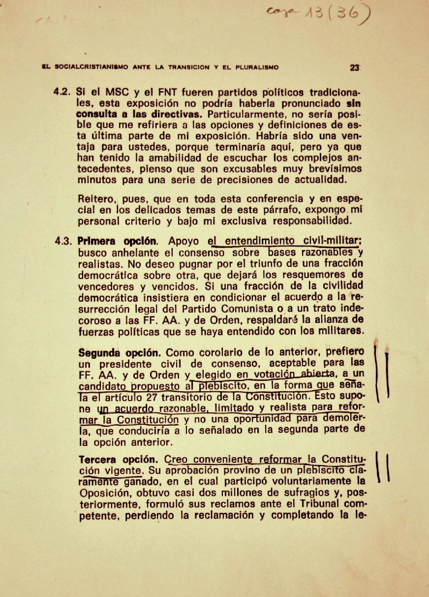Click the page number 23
coord(354,68)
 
